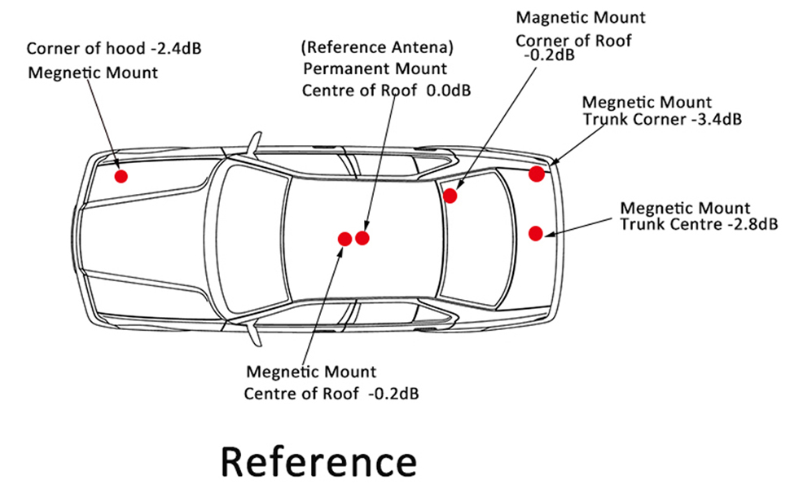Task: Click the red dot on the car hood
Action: (121, 176)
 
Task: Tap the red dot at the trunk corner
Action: (536, 174)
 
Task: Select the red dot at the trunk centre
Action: (535, 234)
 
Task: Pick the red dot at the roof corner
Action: (450, 196)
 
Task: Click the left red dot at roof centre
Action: (345, 239)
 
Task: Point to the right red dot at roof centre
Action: (362, 238)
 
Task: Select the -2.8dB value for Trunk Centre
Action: (746, 224)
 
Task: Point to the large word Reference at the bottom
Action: (319, 461)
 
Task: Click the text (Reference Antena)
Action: (377, 46)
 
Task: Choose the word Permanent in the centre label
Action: (342, 68)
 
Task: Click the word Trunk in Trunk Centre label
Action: (643, 224)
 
